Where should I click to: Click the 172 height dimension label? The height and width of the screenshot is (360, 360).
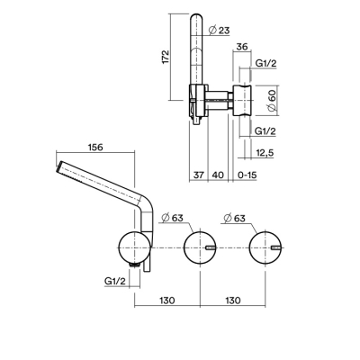tap(166, 57)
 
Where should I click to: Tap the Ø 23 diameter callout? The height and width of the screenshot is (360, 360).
tap(220, 30)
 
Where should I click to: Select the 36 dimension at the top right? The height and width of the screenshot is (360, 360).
tap(242, 47)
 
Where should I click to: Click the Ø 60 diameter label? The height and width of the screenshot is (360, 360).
tap(272, 101)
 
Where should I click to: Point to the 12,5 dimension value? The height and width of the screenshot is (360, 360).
tap(265, 153)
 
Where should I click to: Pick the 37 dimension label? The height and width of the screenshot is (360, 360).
tap(198, 175)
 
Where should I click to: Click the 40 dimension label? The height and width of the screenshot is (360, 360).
tap(218, 175)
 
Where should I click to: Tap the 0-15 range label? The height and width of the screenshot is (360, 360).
tap(247, 175)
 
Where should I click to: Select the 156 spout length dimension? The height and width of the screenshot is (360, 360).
tap(94, 148)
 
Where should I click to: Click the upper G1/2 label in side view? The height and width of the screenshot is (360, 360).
tap(265, 63)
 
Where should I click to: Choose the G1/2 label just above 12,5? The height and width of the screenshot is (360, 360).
tap(265, 131)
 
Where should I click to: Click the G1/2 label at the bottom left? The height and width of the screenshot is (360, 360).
tap(115, 281)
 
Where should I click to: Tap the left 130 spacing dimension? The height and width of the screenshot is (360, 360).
tap(166, 300)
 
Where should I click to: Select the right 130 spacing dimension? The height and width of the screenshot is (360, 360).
tap(232, 300)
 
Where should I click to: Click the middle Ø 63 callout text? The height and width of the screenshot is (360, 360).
tap(172, 218)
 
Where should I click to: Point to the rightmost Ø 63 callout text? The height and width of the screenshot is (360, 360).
tap(235, 218)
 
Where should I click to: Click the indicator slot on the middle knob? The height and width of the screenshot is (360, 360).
tap(211, 247)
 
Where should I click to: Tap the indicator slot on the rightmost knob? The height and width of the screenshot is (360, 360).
tap(276, 247)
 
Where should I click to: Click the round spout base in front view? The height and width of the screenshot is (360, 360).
tap(134, 247)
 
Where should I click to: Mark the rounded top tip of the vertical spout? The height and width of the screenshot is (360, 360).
tap(196, 13)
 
